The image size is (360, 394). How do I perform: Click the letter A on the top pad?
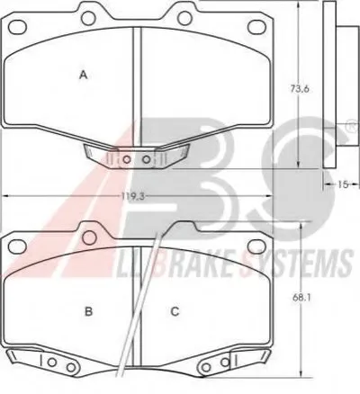click(83, 75)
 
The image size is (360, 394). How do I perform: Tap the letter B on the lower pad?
click(88, 312)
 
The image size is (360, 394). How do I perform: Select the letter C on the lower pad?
click(175, 312)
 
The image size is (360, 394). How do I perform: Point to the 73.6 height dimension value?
click(299, 89)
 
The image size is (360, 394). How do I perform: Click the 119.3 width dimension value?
click(133, 196)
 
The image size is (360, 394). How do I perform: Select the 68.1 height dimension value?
click(301, 298)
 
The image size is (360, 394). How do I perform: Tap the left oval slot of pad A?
click(18, 27)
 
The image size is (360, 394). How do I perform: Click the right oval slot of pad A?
click(256, 26)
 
